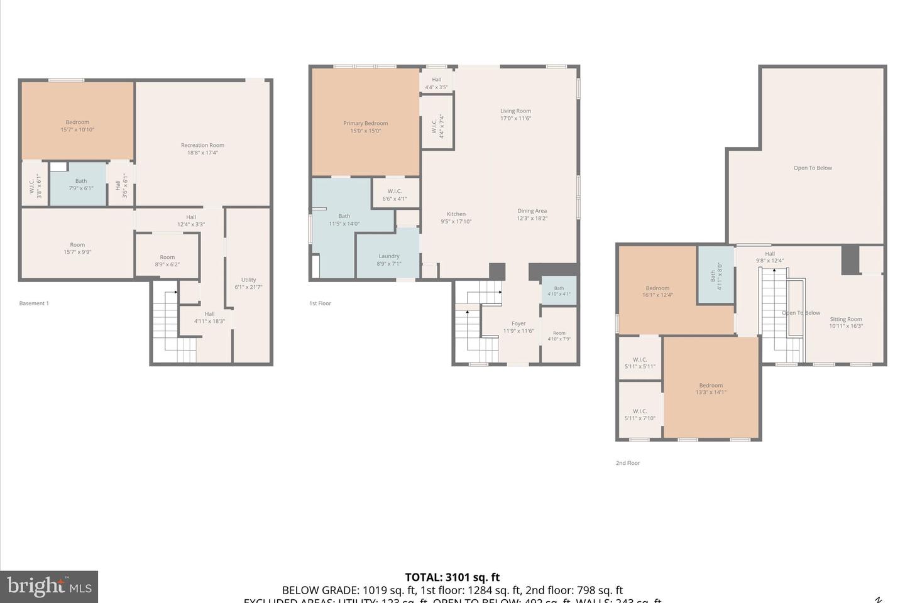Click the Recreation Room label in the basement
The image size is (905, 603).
(x=202, y=145)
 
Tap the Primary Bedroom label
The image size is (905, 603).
(x=365, y=124)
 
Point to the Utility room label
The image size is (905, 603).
(x=248, y=280)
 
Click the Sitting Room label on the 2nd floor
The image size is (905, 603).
(x=845, y=319)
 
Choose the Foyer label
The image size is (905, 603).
(x=518, y=324)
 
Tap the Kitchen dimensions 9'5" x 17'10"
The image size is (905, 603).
(x=456, y=221)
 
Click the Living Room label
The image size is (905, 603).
(x=515, y=111)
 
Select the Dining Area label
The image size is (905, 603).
(x=532, y=211)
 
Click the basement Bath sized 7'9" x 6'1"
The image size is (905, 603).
(x=81, y=184)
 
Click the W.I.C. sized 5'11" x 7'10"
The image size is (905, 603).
(x=640, y=415)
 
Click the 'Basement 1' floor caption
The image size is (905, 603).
(x=34, y=303)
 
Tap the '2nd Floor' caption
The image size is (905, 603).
(x=627, y=463)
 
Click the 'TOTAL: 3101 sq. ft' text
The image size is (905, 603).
(x=452, y=577)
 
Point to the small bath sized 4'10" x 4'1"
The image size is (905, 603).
(x=559, y=291)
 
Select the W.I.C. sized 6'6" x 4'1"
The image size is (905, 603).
(x=395, y=195)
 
